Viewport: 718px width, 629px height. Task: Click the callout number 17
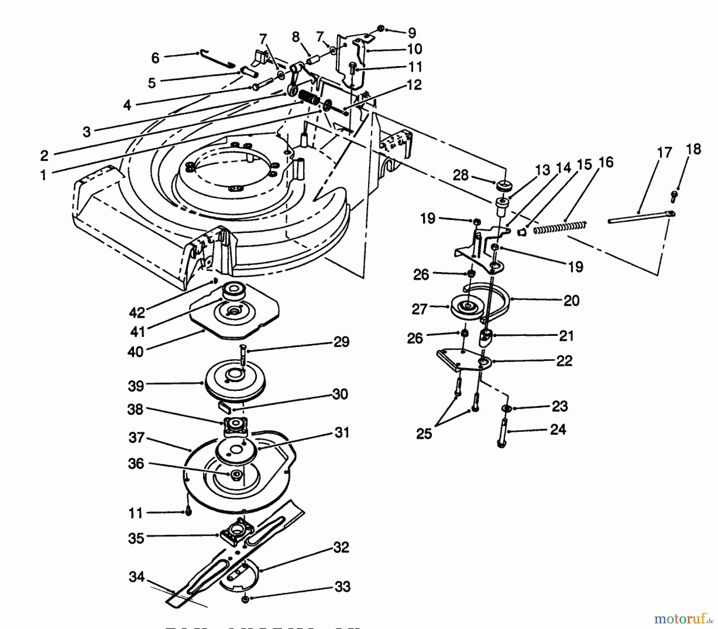(664, 153)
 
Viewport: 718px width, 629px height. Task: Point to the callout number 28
(461, 175)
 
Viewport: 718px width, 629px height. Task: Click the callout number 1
(43, 175)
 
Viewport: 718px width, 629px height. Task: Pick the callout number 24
(558, 430)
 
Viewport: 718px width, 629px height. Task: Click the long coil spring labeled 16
(560, 227)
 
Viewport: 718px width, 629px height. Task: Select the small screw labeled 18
(675, 196)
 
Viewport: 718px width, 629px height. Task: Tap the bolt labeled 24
(503, 433)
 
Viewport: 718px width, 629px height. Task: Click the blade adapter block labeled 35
(237, 533)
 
